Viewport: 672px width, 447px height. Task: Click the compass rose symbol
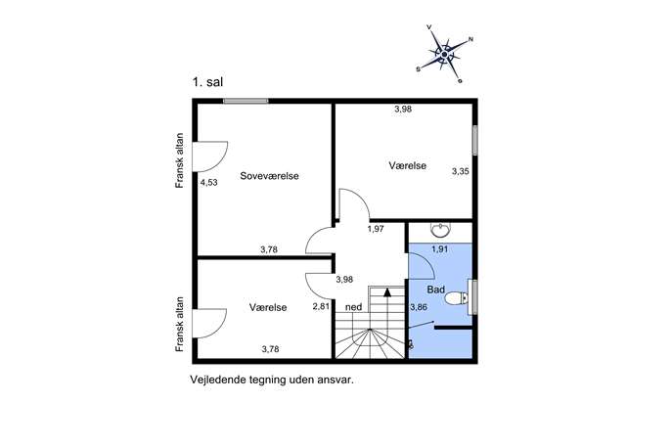tap(444, 55)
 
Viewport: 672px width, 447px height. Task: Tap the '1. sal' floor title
tap(207, 82)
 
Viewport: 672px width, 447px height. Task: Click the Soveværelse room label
tap(269, 176)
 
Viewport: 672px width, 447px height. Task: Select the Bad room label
tap(436, 290)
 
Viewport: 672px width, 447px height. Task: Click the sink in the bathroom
tap(440, 230)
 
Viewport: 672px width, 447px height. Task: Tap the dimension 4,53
tap(209, 183)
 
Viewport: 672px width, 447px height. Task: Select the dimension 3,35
tap(461, 171)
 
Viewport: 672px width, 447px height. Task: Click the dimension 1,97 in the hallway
tap(376, 229)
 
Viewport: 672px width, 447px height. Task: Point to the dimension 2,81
tap(321, 306)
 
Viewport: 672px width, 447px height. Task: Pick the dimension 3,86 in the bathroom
tap(419, 307)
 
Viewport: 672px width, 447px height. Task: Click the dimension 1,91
tap(440, 249)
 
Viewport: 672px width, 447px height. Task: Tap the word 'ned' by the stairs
tap(353, 307)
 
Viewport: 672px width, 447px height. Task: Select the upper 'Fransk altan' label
tap(180, 160)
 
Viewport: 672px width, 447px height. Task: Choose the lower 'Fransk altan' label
tap(180, 325)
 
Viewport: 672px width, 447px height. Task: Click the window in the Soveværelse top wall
tap(246, 101)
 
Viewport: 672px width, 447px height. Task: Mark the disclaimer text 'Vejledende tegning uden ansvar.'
tap(272, 380)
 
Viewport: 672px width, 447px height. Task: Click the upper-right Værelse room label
tap(408, 165)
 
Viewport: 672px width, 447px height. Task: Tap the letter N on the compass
tap(470, 39)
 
